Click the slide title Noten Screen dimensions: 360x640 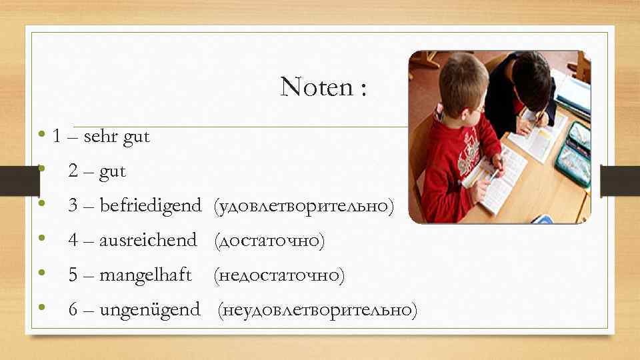tap(323, 87)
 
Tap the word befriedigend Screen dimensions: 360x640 tap(149, 206)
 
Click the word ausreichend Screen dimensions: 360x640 tap(147, 240)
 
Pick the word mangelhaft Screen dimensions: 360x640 tap(145, 275)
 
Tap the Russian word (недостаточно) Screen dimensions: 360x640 tap(279, 275)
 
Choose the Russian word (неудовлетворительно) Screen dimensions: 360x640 tap(318, 309)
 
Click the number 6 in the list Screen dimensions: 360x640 tap(73, 309)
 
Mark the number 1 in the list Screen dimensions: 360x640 tap(57, 137)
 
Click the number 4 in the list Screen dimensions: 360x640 tap(73, 240)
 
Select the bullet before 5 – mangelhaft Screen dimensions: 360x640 tap(42, 273)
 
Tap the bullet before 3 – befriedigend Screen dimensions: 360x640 tap(42, 205)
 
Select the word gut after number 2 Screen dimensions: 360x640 tap(112, 171)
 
